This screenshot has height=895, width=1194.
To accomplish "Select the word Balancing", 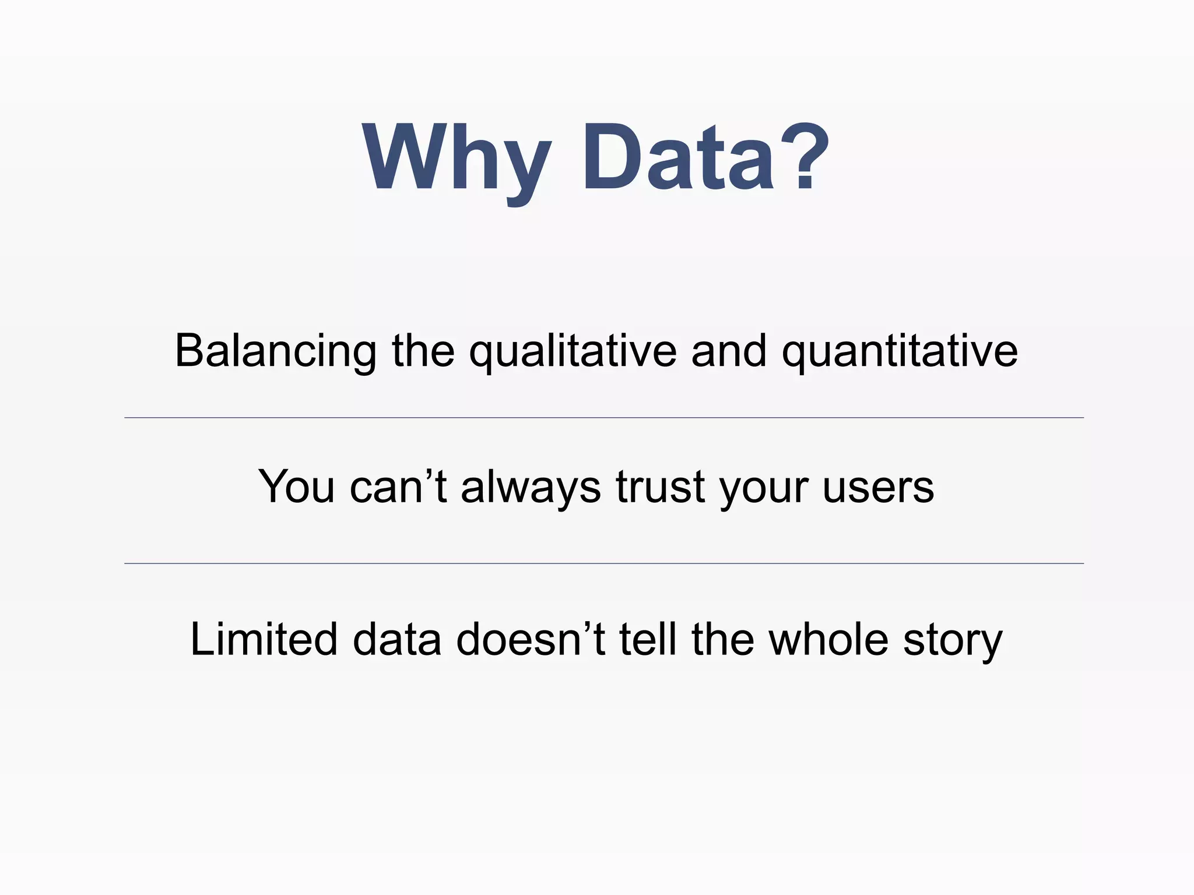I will [x=275, y=351].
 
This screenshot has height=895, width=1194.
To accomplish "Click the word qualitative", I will [x=573, y=351].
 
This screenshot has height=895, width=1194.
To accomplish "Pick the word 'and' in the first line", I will [x=728, y=351].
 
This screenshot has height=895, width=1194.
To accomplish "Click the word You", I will [x=296, y=487].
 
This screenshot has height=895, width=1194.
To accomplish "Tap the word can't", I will [x=398, y=487].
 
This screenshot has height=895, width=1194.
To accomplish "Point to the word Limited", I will [x=264, y=639].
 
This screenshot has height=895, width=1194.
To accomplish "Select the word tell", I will [x=648, y=639].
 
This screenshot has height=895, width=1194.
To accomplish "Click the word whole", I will [x=828, y=639].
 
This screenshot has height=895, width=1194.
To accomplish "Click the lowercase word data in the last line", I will [x=397, y=639].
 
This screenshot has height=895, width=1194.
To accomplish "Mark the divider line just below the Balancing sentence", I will [x=604, y=418].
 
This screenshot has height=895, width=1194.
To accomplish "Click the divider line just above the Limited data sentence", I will [x=604, y=563].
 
